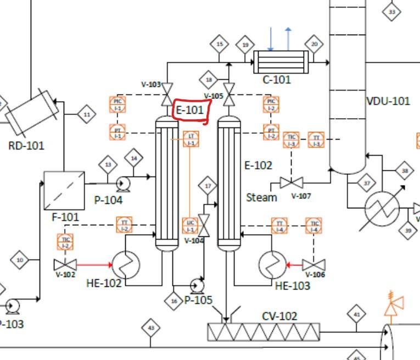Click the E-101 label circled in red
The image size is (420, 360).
click(x=189, y=110)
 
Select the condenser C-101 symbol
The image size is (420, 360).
click(x=281, y=62)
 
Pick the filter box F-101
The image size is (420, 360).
click(x=64, y=190)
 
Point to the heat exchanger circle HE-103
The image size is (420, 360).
click(x=272, y=265)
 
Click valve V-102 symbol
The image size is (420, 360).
click(x=65, y=265)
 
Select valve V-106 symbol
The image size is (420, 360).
click(x=314, y=265)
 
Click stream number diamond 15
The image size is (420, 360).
click(x=220, y=45)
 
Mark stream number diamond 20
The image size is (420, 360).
click(x=315, y=45)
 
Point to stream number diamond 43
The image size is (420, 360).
click(x=151, y=329)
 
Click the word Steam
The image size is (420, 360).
click(x=261, y=197)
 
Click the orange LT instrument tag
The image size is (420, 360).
click(x=191, y=140)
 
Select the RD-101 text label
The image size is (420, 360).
click(x=27, y=146)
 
